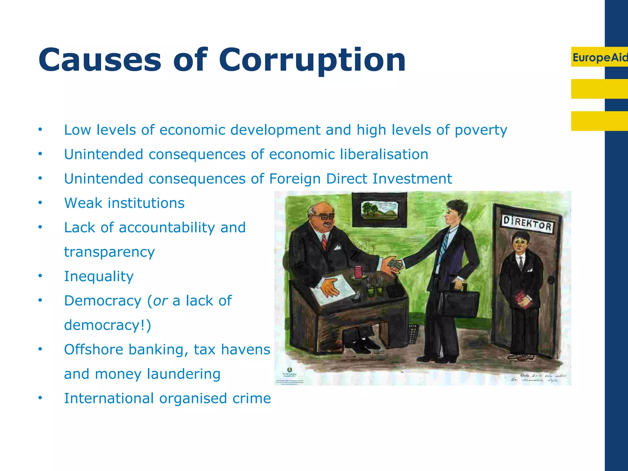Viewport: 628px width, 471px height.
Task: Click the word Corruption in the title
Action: pyautogui.click(x=312, y=60)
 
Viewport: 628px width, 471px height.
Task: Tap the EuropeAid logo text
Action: pyautogui.click(x=599, y=57)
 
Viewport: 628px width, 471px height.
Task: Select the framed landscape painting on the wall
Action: pyautogui.click(x=380, y=210)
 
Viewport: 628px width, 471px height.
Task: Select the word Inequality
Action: pyautogui.click(x=99, y=277)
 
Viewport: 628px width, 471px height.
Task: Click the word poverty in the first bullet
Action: pyautogui.click(x=481, y=130)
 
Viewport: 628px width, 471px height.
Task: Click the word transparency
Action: pyautogui.click(x=109, y=252)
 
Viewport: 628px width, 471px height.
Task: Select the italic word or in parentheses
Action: pyautogui.click(x=160, y=301)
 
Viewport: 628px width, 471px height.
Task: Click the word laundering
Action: pyautogui.click(x=184, y=374)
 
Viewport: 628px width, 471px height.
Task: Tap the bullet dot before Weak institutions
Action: pyautogui.click(x=40, y=203)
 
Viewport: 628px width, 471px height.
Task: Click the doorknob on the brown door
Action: pyautogui.click(x=551, y=280)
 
